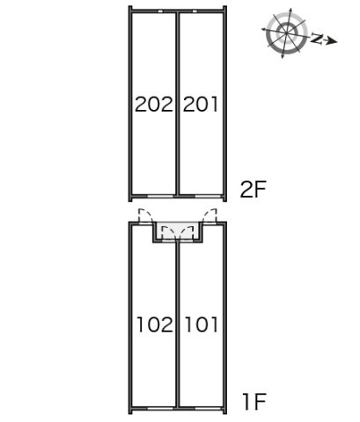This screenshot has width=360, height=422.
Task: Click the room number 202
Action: pyautogui.click(x=154, y=104)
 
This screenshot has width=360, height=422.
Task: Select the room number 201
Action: pyautogui.click(x=201, y=104)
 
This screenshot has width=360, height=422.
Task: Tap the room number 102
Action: pyautogui.click(x=155, y=324)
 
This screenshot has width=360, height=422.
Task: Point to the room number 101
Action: pyautogui.click(x=202, y=324)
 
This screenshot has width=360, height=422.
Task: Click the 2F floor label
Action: pyautogui.click(x=253, y=190)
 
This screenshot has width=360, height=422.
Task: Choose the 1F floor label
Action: pyautogui.click(x=254, y=402)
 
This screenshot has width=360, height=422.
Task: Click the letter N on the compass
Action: pyautogui.click(x=317, y=39)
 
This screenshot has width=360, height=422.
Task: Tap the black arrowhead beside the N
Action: pyautogui.click(x=332, y=41)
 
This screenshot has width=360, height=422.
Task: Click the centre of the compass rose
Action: pyautogui.click(x=286, y=33)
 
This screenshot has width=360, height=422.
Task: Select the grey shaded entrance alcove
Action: pyautogui.click(x=178, y=230)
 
